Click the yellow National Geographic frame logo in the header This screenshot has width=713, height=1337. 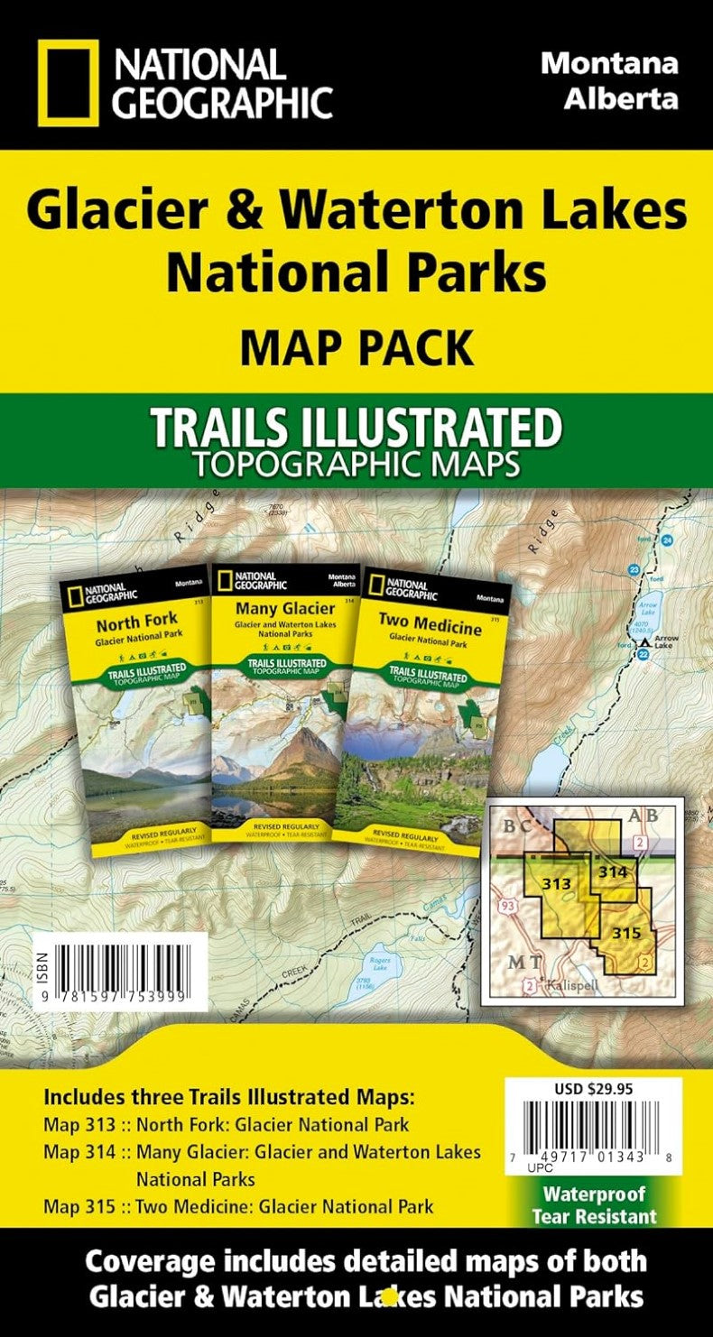click(x=68, y=82)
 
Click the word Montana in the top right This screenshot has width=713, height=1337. click(x=608, y=64)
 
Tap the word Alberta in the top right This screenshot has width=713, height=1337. click(x=621, y=97)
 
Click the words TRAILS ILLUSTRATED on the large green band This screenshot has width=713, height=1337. click(x=356, y=429)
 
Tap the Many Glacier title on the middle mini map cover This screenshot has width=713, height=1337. click(x=272, y=608)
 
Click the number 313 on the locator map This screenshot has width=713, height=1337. click(x=556, y=884)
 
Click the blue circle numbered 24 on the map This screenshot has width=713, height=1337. click(x=666, y=539)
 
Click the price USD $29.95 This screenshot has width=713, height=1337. click(x=593, y=1089)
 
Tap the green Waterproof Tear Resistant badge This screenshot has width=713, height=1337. click(x=594, y=1204)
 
